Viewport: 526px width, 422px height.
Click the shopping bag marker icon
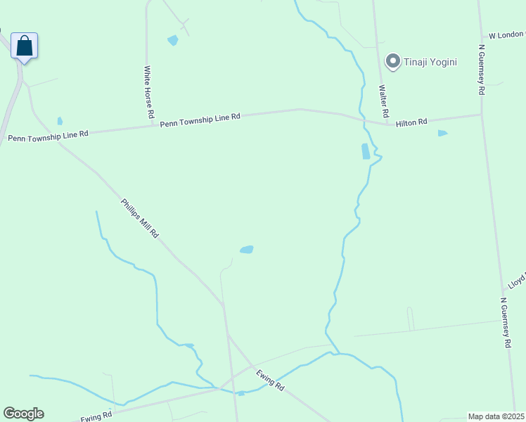(x=24, y=46)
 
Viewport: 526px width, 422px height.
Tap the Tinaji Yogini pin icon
(x=393, y=62)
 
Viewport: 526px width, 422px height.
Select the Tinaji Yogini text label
(x=430, y=62)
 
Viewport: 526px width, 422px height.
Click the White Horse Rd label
(x=148, y=91)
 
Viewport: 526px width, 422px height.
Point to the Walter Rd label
(x=383, y=101)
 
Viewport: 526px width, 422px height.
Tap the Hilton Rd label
(x=411, y=122)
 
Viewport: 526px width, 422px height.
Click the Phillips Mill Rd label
(x=139, y=217)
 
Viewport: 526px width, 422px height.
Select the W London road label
(x=506, y=34)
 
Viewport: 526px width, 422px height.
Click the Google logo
(x=23, y=414)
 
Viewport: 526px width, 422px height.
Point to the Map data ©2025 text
(x=496, y=416)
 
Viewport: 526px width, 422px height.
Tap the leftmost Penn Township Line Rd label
(x=49, y=135)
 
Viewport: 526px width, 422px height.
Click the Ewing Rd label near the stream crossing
(x=271, y=381)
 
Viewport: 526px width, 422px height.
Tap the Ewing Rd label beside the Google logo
(x=96, y=416)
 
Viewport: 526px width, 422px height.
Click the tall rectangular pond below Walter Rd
(x=365, y=151)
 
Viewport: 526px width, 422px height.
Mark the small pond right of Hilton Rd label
(x=442, y=133)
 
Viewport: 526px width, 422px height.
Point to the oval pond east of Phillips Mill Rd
(x=246, y=250)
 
